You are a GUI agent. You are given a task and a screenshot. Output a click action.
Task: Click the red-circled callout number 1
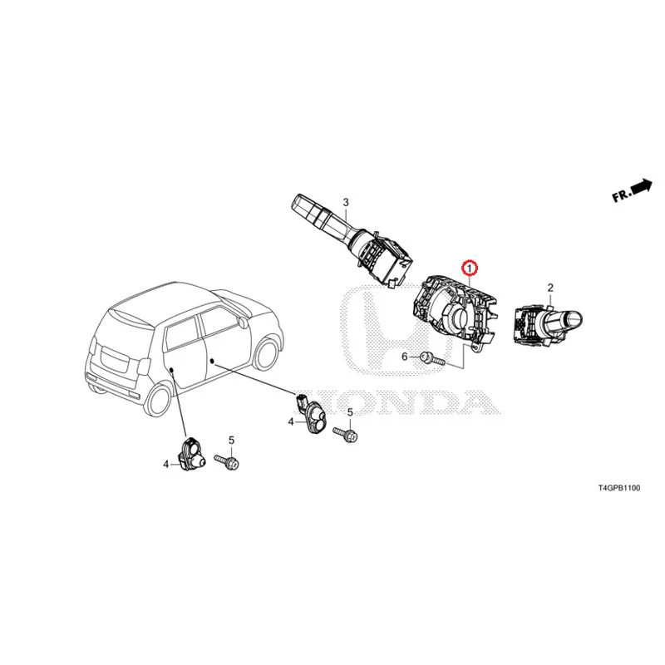click(470, 268)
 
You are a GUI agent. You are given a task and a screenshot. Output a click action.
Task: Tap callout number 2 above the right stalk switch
click(550, 288)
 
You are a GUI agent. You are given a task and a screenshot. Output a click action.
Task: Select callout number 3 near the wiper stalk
click(346, 202)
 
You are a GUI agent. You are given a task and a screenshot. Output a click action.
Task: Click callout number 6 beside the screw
click(405, 357)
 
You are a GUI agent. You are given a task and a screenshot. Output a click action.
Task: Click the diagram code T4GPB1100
click(619, 488)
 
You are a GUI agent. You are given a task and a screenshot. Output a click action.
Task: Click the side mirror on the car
click(243, 322)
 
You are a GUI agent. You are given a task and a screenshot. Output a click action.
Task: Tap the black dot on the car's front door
click(212, 361)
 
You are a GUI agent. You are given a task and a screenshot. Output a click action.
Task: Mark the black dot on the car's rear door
click(172, 370)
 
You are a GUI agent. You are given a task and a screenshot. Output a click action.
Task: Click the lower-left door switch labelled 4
click(192, 454)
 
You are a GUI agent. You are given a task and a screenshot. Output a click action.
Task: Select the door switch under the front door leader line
click(312, 413)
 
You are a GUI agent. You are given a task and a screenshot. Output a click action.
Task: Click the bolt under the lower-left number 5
click(227, 461)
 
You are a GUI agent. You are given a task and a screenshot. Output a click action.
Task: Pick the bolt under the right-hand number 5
click(345, 434)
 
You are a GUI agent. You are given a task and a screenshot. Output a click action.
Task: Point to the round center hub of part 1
click(459, 319)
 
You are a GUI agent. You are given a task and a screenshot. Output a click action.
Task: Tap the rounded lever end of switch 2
click(574, 318)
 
